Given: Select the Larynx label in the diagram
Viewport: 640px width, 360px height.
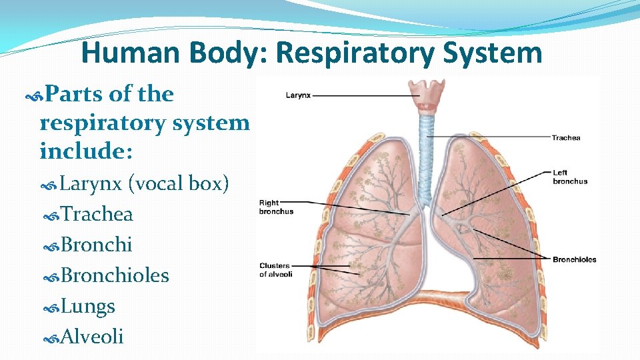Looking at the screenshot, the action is pyautogui.click(x=298, y=95).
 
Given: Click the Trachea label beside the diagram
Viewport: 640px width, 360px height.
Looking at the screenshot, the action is pyautogui.click(x=566, y=138).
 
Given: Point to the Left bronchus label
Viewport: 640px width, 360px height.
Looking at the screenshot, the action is pyautogui.click(x=570, y=177).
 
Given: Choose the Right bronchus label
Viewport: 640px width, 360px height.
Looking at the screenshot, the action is pyautogui.click(x=276, y=207).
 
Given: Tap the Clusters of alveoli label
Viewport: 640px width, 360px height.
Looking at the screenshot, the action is pyautogui.click(x=276, y=270).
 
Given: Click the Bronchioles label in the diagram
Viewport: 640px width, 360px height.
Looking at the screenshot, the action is pyautogui.click(x=574, y=259).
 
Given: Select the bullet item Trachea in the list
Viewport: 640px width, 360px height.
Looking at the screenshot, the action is pyautogui.click(x=97, y=214).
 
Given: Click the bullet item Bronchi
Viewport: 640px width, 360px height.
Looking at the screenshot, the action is pyautogui.click(x=96, y=245).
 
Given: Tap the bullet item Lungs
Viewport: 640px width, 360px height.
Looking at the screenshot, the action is pyautogui.click(x=87, y=306).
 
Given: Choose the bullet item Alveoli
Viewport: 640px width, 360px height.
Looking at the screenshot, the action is pyautogui.click(x=92, y=337).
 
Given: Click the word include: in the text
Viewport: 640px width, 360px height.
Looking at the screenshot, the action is pyautogui.click(x=86, y=152).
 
